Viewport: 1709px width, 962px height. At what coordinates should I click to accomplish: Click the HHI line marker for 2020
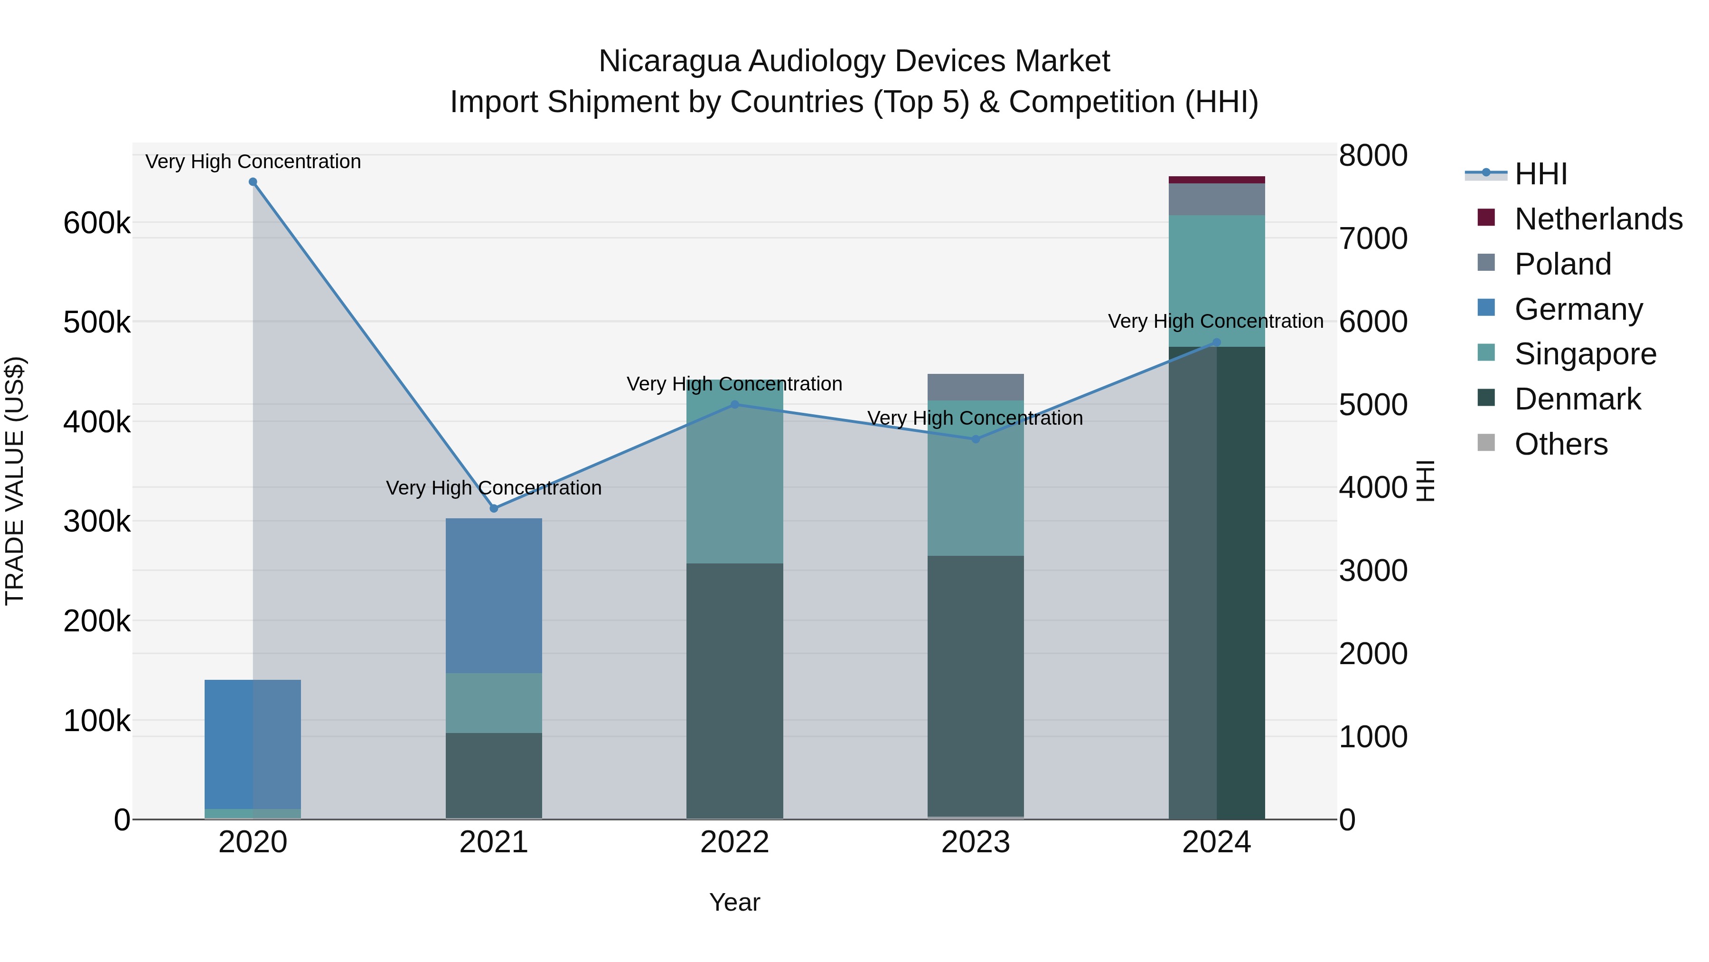(253, 182)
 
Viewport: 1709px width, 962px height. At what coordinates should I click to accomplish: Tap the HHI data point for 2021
(494, 508)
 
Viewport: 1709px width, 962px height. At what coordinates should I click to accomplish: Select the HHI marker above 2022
(734, 404)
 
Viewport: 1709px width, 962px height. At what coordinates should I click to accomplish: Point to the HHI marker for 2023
(975, 439)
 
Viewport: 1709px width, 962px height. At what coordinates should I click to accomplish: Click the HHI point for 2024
(1216, 343)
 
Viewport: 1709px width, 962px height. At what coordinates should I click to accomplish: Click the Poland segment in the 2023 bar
(975, 387)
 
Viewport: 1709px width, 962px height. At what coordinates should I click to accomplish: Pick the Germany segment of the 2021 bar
(494, 596)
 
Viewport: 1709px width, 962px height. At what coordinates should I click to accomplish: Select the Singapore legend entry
(1585, 354)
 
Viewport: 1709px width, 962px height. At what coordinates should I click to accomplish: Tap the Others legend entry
(1560, 444)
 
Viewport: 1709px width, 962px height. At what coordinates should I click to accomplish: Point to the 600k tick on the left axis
(97, 223)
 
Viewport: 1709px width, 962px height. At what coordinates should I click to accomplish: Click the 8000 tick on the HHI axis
(1372, 156)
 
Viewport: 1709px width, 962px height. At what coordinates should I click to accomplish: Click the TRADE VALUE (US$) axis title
(15, 481)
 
